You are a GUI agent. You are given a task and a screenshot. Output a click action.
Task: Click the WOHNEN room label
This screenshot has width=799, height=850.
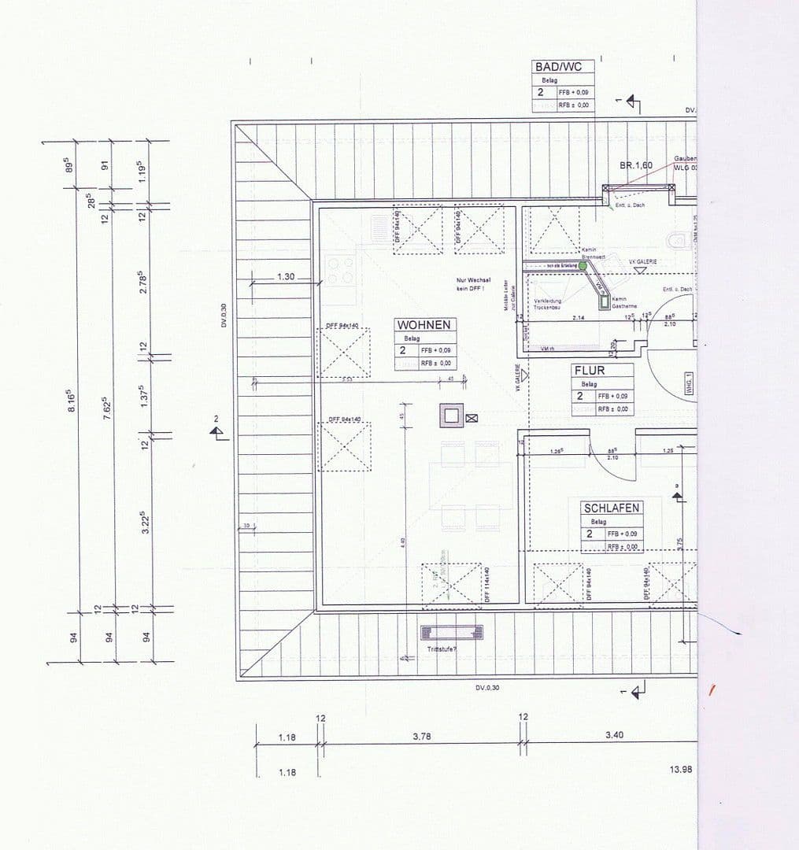424,324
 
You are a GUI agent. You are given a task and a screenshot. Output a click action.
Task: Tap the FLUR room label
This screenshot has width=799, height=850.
590,370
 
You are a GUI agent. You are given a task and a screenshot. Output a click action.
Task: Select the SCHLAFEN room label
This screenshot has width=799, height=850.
611,508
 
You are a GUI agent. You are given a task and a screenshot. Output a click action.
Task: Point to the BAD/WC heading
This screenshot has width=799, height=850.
558,67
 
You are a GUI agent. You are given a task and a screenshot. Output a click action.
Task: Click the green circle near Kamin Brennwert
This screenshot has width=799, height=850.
583,266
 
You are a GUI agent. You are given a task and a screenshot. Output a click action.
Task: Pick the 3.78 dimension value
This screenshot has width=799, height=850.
422,737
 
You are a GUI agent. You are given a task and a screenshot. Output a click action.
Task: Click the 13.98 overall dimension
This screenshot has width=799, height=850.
681,769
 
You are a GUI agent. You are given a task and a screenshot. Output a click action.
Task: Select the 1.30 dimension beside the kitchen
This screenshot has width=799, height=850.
286,277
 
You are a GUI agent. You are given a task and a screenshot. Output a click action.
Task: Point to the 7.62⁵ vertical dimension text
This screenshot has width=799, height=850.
106,409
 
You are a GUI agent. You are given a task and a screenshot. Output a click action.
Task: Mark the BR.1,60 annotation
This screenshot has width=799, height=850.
636,165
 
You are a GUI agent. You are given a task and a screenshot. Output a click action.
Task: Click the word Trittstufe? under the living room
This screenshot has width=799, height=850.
442,649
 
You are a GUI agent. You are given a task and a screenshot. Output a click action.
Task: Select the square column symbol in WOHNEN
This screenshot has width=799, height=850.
452,416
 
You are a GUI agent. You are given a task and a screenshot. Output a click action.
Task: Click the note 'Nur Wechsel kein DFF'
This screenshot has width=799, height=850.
473,284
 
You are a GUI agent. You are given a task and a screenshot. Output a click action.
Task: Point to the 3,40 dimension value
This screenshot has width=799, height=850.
615,735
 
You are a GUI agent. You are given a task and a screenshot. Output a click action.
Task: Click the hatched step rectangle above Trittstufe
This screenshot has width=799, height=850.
452,632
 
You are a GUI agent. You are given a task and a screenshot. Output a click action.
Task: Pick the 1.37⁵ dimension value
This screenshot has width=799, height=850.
144,394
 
